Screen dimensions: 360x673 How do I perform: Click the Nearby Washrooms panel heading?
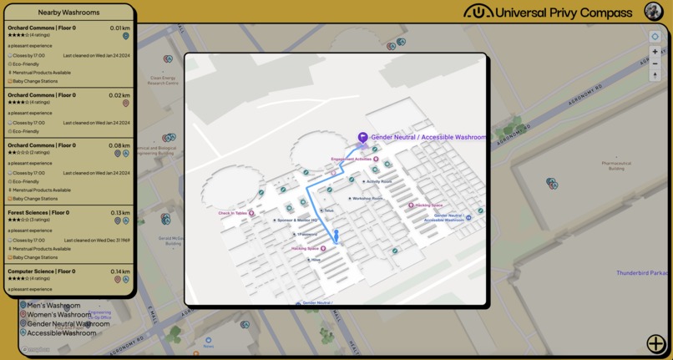[x=68, y=13]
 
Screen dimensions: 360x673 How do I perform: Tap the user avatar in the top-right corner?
[x=654, y=11]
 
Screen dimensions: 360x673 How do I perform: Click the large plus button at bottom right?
[x=655, y=343]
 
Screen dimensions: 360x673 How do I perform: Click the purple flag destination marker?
[x=362, y=138]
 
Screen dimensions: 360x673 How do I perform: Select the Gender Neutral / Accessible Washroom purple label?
[x=428, y=137]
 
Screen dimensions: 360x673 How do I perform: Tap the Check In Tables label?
[x=233, y=213]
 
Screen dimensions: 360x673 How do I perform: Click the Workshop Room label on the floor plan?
[x=367, y=199]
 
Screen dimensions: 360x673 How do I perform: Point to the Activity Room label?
[x=379, y=181]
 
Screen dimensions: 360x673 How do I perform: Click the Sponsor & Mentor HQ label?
[x=297, y=221]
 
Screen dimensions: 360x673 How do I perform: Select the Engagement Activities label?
[x=352, y=159]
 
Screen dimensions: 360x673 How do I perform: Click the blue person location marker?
[x=336, y=236]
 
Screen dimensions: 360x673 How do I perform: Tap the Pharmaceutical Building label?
[x=616, y=165]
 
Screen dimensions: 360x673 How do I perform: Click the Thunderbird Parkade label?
[x=643, y=273]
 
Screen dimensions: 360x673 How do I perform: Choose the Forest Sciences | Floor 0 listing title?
[x=38, y=213]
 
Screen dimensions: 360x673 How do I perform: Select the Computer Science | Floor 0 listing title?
[x=42, y=271]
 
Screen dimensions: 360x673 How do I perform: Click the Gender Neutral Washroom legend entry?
[x=68, y=324]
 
